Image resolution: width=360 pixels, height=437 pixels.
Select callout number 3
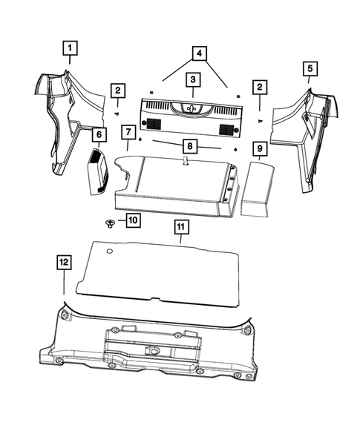click(192, 79)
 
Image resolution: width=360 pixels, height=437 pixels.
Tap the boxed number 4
click(197, 53)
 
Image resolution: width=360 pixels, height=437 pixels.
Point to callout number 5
click(310, 68)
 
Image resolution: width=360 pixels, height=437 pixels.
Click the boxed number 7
click(128, 134)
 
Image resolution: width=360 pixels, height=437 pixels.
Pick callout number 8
click(191, 146)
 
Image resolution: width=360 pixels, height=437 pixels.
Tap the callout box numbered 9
click(259, 150)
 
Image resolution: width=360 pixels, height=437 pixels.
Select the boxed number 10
click(132, 220)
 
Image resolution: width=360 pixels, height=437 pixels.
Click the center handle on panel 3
click(191, 108)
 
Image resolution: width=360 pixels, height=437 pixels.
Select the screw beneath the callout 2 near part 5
click(260, 119)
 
